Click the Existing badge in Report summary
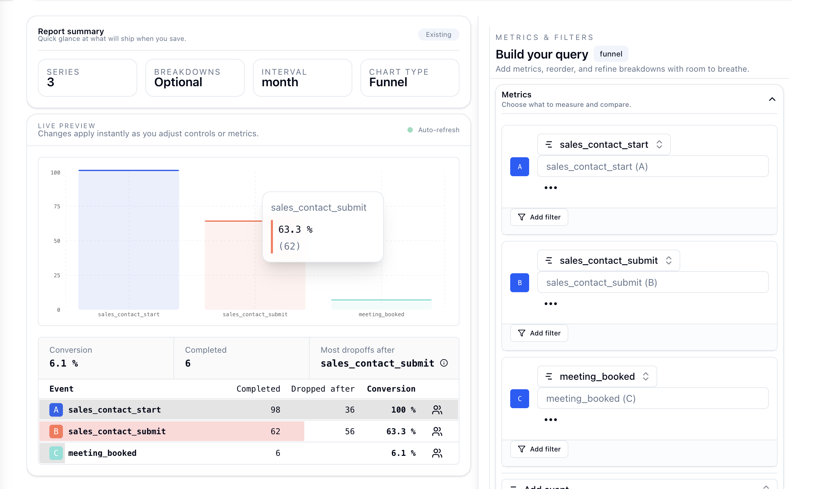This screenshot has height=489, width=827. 438,34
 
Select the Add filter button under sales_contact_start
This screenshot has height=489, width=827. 539,217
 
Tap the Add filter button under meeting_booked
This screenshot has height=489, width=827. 539,449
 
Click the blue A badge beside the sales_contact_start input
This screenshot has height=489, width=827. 519,167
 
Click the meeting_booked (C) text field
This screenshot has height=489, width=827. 653,398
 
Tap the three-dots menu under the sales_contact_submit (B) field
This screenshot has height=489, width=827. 550,304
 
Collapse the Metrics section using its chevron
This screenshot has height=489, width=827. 772,99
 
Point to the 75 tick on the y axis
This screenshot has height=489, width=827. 57,206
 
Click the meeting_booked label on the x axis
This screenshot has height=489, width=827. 381,315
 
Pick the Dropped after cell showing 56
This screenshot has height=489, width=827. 350,431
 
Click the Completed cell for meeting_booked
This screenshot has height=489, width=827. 278,453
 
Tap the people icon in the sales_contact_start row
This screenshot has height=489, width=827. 437,410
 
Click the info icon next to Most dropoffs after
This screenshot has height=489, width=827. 444,363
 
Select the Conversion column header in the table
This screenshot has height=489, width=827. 391,389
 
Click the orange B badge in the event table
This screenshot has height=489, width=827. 56,431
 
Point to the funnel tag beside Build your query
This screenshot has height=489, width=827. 611,54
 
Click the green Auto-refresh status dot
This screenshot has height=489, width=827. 410,130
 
